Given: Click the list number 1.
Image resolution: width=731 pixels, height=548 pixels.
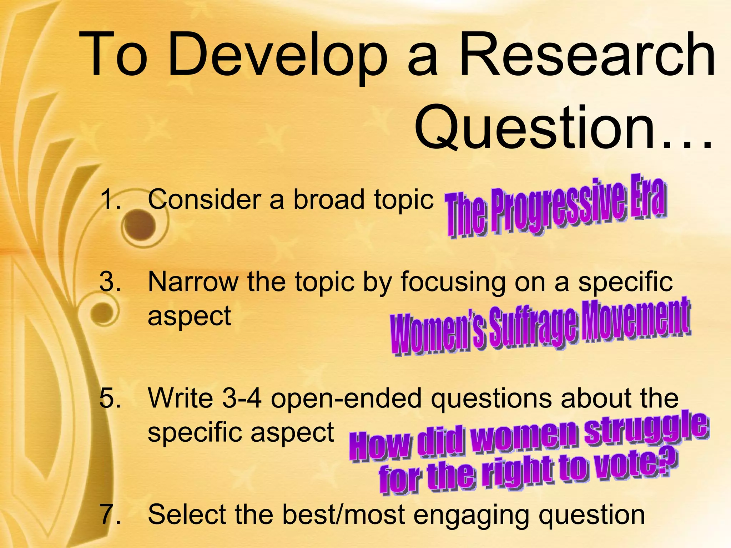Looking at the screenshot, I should pos(110,199).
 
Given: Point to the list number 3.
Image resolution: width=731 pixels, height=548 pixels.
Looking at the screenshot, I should pos(110,282).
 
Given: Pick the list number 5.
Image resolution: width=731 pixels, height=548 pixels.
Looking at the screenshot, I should pos(110,398).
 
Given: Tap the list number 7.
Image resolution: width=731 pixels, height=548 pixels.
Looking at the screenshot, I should pos(110,514).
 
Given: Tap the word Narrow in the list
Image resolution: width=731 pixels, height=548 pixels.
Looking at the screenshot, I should pos(193,282).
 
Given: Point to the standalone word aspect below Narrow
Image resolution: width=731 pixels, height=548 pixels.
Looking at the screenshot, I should pos(189,316).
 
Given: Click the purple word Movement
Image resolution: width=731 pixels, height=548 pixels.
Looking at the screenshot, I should pos(635,319).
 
